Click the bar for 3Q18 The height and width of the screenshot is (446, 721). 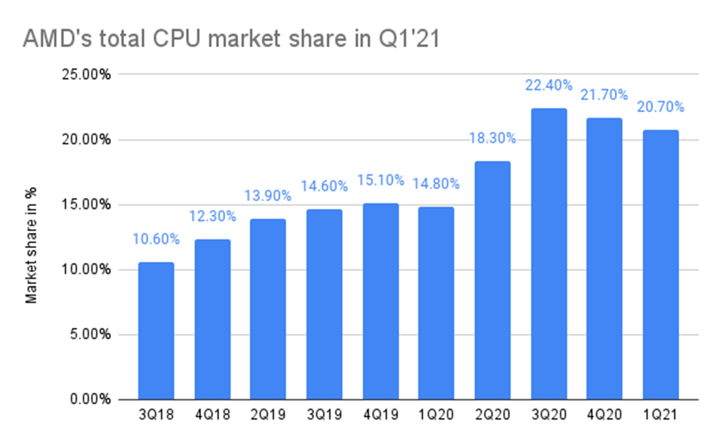[156, 331]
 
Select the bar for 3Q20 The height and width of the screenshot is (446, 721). [549, 254]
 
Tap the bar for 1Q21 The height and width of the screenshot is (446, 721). [661, 265]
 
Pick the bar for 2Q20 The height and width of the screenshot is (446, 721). [492, 280]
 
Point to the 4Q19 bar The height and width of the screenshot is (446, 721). [380, 301]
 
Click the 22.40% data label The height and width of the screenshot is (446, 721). [549, 86]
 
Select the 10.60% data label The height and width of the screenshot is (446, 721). [156, 239]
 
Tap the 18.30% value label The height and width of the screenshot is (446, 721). [492, 139]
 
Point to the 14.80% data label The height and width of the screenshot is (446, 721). [437, 184]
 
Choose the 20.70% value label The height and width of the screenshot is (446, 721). [661, 107]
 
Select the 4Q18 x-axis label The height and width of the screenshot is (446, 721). [212, 416]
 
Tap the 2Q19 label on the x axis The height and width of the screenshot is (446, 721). [268, 416]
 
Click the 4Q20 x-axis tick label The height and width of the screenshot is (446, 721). [604, 416]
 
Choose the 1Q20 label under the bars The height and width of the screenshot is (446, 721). [437, 416]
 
